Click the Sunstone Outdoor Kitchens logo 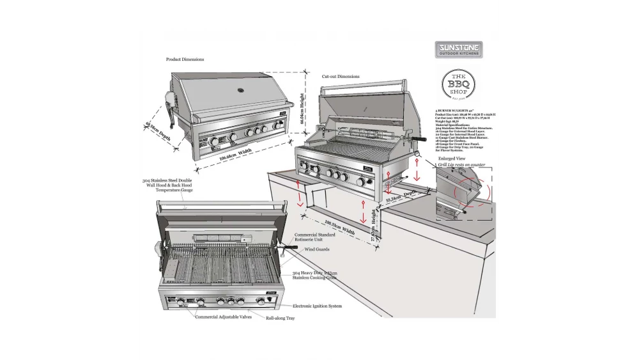[x=458, y=50]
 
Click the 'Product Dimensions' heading [x=185, y=59]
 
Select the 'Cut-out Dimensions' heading [x=340, y=77]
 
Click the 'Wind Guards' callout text [x=318, y=249]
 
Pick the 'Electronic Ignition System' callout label [x=317, y=306]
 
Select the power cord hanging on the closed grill [x=172, y=112]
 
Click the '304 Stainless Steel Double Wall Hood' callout [x=167, y=185]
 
